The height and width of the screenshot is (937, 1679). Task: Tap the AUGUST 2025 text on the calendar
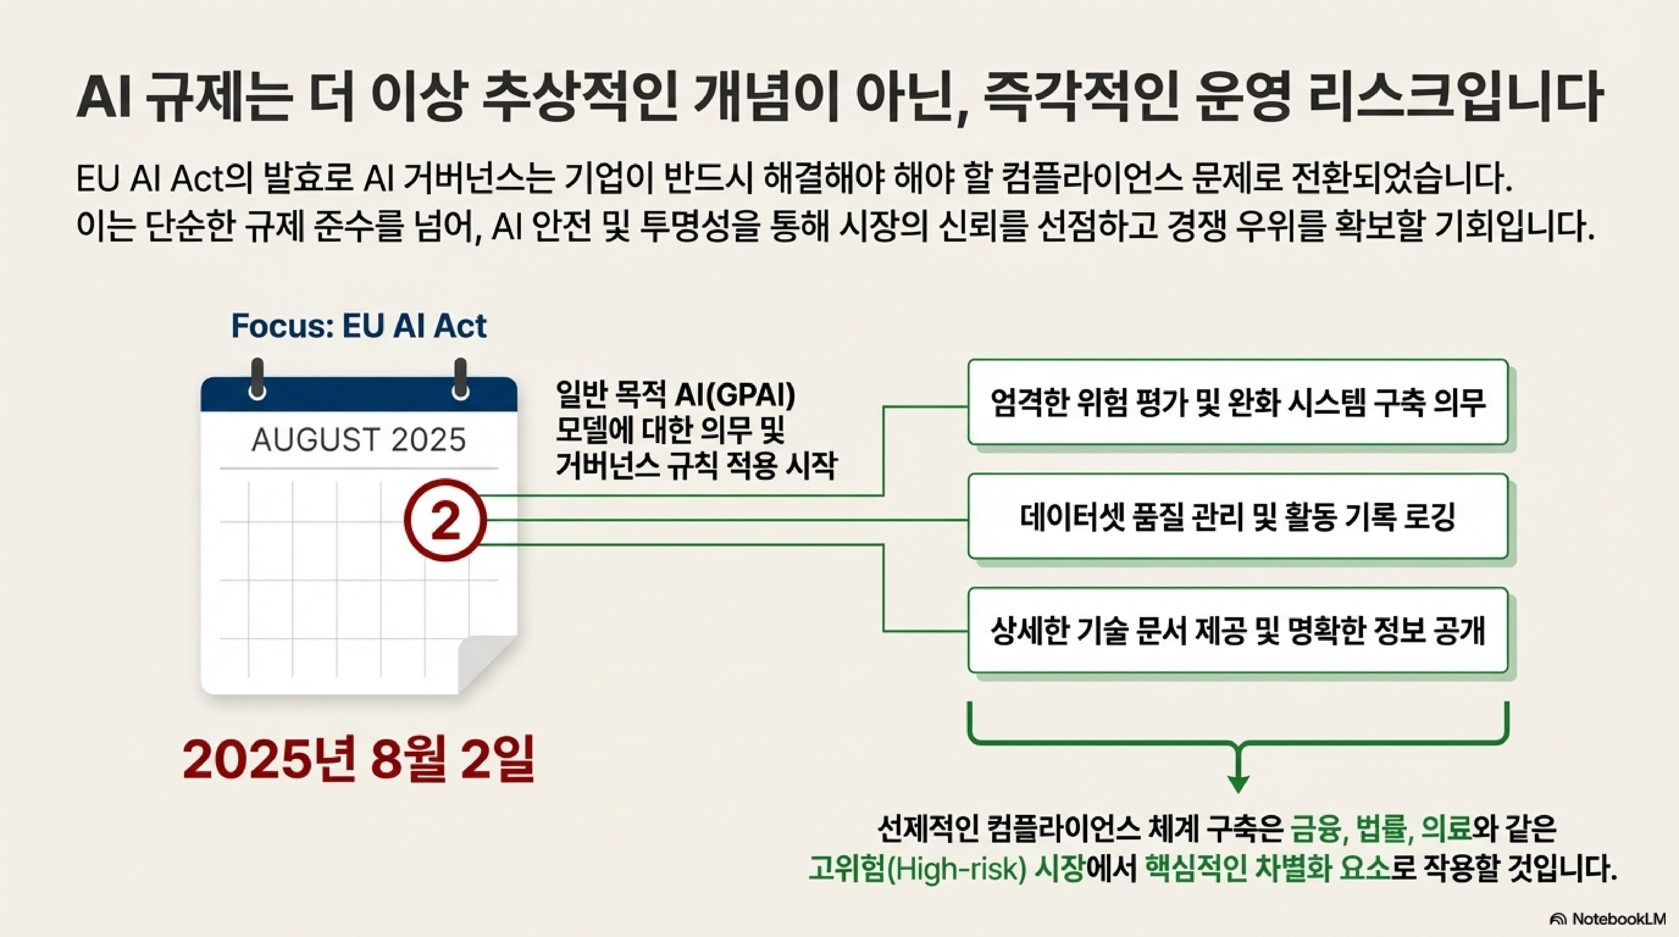pyautogui.click(x=358, y=440)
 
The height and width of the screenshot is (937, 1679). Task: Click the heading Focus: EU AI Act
pyautogui.click(x=358, y=326)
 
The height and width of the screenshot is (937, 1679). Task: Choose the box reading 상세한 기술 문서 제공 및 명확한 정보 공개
pyautogui.click(x=1237, y=630)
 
